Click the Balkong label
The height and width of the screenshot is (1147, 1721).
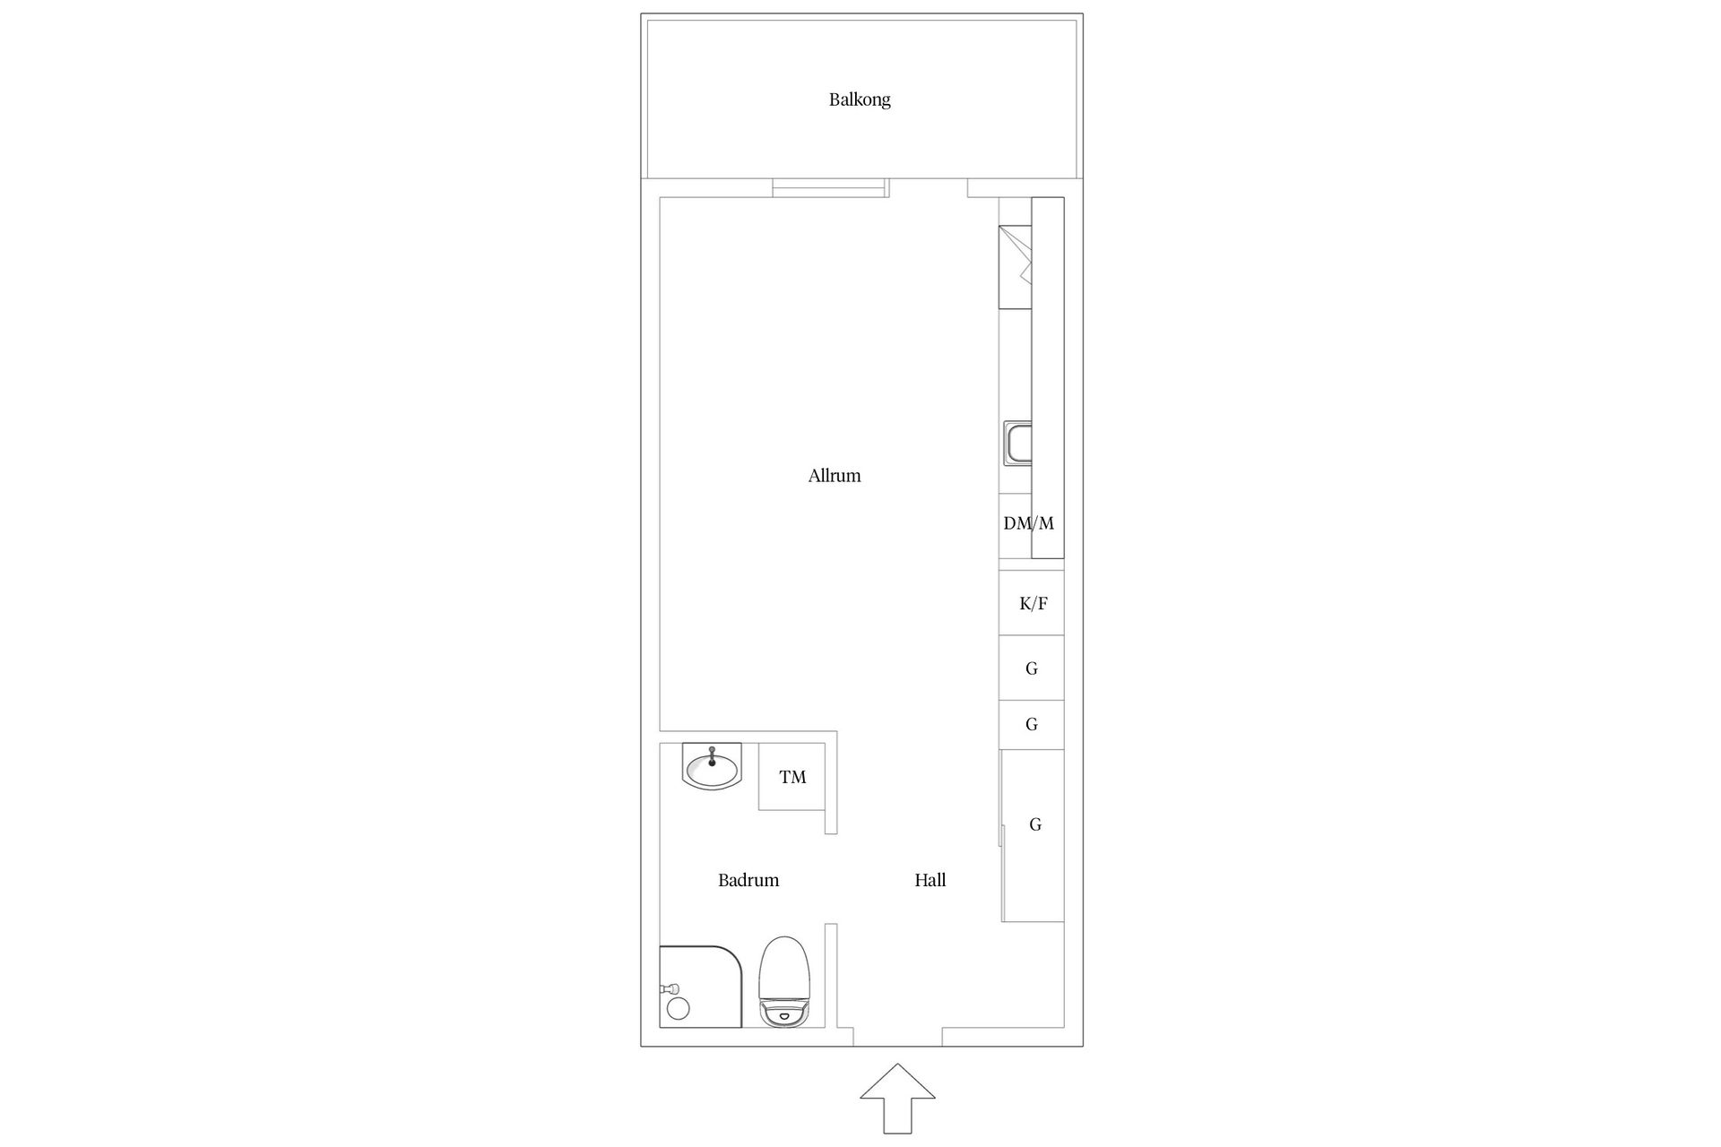point(860,99)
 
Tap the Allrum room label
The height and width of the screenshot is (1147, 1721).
point(835,476)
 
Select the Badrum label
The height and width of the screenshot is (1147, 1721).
point(748,880)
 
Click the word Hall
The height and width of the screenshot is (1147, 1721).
point(930,880)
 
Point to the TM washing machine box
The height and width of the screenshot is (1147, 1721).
point(791,777)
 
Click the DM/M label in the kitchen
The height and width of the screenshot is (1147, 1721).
point(1029,523)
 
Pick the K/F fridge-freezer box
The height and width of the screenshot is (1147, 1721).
point(1032,603)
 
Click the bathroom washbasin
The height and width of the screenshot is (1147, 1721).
point(712,767)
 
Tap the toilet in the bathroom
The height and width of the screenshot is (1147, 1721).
point(784,982)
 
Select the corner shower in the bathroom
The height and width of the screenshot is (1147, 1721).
point(702,987)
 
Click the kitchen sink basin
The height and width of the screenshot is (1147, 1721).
point(1017,444)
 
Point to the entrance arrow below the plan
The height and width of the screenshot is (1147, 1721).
point(897,1099)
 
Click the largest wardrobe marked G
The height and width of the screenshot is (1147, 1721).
point(1033,835)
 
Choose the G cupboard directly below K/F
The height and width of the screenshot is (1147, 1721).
point(1032,668)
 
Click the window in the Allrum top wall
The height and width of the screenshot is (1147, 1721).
point(830,187)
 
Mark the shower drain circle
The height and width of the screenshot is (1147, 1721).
point(678,1008)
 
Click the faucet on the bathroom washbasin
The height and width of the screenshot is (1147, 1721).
point(712,755)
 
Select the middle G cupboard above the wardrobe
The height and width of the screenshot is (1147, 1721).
point(1032,724)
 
